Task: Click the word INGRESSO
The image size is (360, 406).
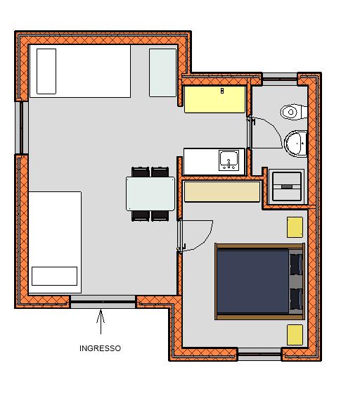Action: (x=100, y=348)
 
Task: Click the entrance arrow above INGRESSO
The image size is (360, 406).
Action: (x=101, y=322)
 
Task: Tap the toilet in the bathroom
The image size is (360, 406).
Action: (x=294, y=112)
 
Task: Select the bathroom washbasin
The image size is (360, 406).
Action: (x=296, y=144)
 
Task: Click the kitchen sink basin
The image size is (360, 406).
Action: (x=229, y=160)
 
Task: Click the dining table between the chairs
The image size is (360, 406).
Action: (x=150, y=194)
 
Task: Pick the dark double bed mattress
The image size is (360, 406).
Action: (x=252, y=281)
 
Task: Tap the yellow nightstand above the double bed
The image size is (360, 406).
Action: (x=295, y=227)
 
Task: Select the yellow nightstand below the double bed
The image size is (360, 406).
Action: (x=295, y=335)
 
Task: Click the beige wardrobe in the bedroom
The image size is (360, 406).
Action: (x=222, y=191)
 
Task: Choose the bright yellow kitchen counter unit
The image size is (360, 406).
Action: (x=214, y=100)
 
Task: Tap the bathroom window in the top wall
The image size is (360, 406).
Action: (x=280, y=79)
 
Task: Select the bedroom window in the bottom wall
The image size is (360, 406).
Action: (x=259, y=354)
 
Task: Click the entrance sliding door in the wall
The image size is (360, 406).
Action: (x=103, y=302)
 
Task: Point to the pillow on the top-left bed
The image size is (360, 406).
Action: (x=46, y=72)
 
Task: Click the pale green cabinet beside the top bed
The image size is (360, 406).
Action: (x=163, y=72)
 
